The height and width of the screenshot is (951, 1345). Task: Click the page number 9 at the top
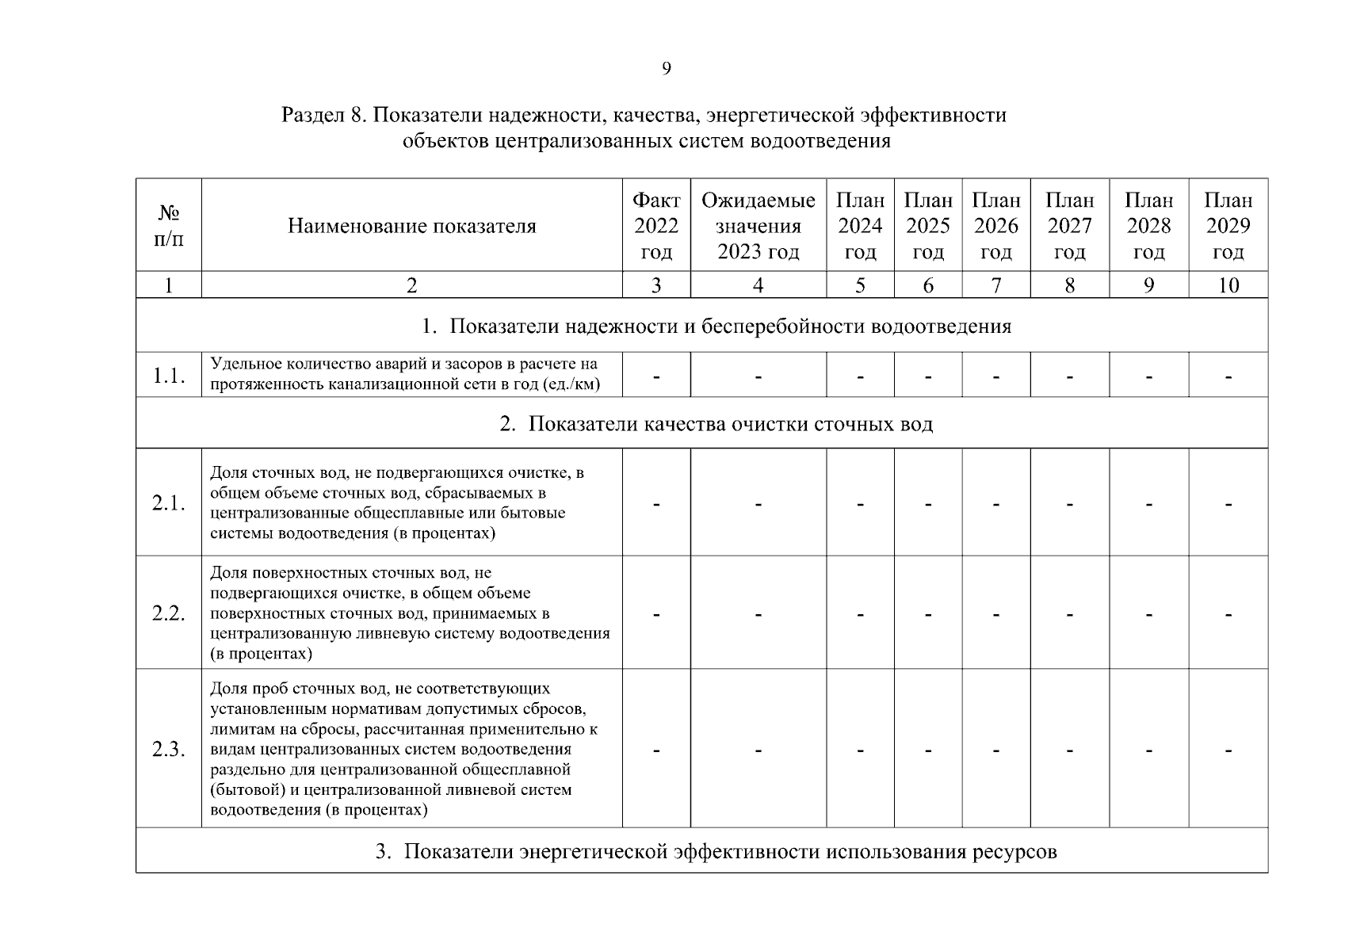point(666,69)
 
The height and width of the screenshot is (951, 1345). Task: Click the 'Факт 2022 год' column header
point(656,226)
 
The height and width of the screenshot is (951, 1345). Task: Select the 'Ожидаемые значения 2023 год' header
point(758,226)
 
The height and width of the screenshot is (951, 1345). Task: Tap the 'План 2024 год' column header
point(860,226)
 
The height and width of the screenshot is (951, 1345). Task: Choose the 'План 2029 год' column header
point(1228,226)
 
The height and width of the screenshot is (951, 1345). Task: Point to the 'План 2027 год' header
point(1069,226)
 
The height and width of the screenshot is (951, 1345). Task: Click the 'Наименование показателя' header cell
point(411,227)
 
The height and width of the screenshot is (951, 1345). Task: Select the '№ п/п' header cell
point(168,226)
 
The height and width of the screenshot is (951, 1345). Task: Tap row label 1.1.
point(168,376)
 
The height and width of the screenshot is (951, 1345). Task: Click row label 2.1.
point(168,503)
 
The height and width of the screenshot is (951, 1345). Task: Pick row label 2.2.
point(168,613)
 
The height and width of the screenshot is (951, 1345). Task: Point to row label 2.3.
point(168,750)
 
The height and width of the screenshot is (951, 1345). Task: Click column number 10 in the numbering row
point(1228,285)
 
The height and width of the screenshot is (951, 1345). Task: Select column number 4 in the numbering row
point(758,285)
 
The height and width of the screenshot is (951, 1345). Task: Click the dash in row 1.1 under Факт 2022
point(656,377)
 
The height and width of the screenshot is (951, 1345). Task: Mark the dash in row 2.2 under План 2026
point(995,615)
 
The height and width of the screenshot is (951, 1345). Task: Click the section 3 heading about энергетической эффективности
point(716,852)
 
